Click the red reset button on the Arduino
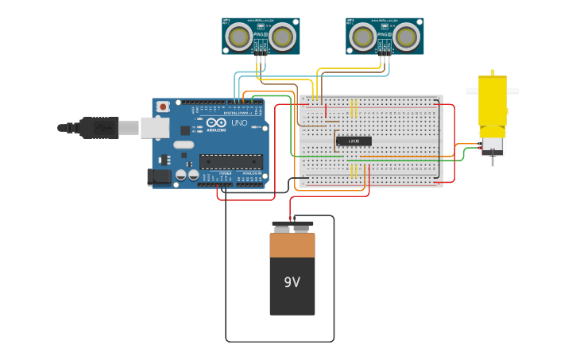click(x=163, y=106)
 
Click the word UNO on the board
click(x=239, y=123)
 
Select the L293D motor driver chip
click(x=354, y=141)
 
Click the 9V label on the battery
click(x=292, y=282)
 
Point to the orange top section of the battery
click(x=292, y=246)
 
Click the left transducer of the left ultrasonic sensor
click(x=239, y=36)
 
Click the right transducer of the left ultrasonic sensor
click(x=282, y=36)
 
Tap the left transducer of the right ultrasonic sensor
click(x=363, y=36)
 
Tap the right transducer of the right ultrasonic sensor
click(x=406, y=36)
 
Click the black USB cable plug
click(x=99, y=127)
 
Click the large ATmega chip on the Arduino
click(x=230, y=161)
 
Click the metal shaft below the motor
click(x=493, y=160)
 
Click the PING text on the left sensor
click(x=260, y=34)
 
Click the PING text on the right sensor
click(x=384, y=34)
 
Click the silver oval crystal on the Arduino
click(x=184, y=145)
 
